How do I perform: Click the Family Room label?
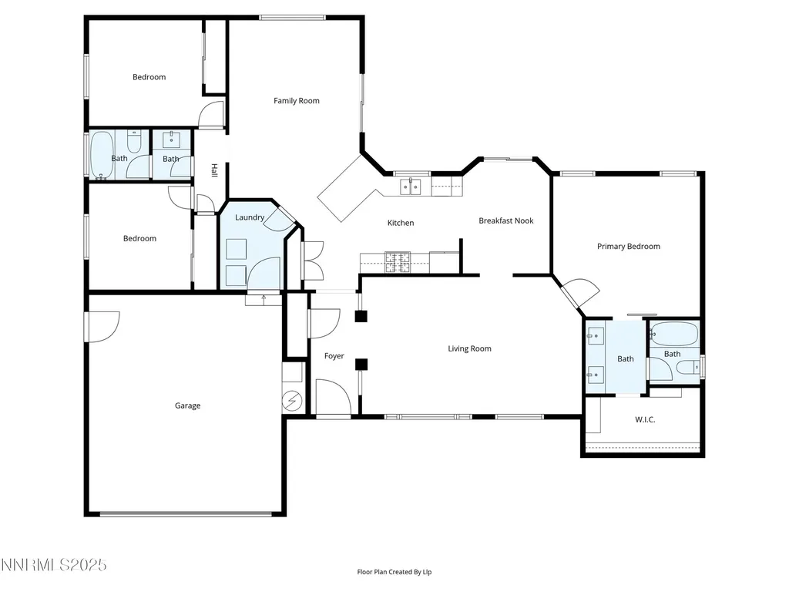297,101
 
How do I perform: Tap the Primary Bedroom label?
629,246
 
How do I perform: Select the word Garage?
188,405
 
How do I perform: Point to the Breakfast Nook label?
505,220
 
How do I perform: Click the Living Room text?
469,348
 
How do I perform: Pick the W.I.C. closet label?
645,419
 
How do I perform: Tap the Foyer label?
334,356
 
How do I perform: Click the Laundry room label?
250,217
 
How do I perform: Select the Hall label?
214,170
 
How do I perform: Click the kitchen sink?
411,187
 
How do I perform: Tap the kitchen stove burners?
398,262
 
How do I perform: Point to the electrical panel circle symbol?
292,401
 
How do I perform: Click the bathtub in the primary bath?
674,333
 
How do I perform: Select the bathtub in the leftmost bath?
102,154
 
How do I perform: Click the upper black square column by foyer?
361,316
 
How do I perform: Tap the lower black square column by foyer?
361,365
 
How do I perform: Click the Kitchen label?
401,223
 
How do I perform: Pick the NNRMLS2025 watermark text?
53,565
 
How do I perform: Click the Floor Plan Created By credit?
394,572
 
